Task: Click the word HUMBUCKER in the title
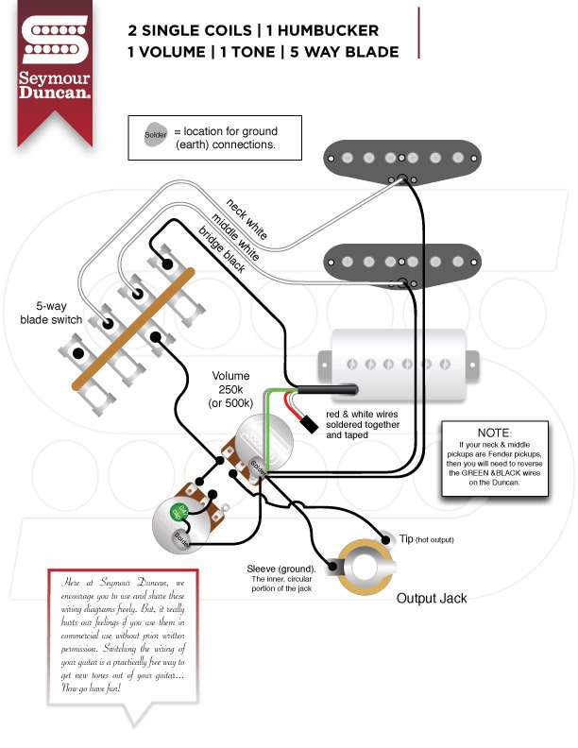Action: click(326, 29)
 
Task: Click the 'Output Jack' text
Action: click(431, 598)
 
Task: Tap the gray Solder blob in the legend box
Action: click(155, 135)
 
